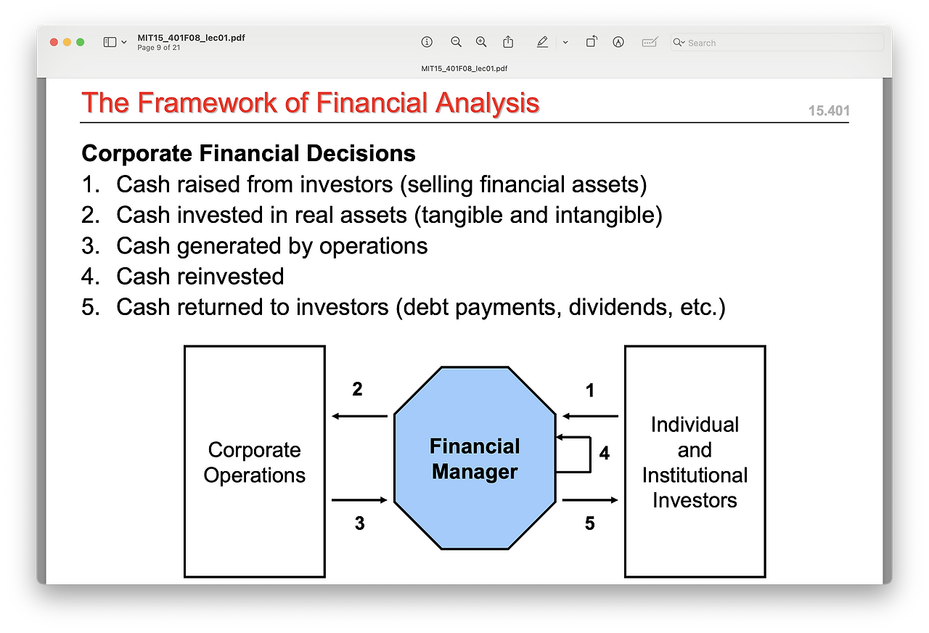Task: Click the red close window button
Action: tap(54, 42)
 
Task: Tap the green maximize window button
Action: tap(81, 42)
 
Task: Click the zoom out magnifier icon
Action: tap(456, 42)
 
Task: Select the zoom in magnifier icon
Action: tap(481, 42)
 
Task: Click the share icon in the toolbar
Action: tap(508, 42)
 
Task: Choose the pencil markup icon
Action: tap(542, 42)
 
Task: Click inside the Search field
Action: tap(777, 43)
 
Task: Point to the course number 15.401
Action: tap(829, 111)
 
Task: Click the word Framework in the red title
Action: tap(207, 102)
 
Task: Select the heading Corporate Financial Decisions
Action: tap(248, 153)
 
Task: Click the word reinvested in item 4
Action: tap(231, 277)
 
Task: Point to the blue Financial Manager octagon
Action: tap(475, 458)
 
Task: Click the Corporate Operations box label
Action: tap(254, 462)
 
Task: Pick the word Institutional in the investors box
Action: tap(695, 475)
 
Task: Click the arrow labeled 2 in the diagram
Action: tap(359, 416)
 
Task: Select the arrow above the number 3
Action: tap(359, 500)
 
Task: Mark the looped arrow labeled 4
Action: tap(590, 454)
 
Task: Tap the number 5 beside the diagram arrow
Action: tap(590, 523)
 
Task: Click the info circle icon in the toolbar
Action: tap(427, 42)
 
